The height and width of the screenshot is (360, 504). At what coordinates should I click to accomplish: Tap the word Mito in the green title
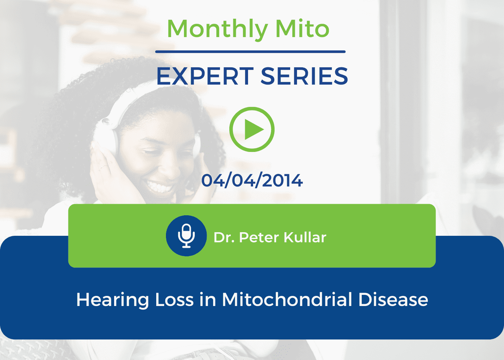302,28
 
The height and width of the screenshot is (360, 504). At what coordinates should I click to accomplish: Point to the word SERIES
305,76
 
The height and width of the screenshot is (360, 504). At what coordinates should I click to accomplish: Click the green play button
252,129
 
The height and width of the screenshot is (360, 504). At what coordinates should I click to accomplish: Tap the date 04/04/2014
252,180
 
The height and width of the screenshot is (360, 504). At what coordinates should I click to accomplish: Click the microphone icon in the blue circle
186,236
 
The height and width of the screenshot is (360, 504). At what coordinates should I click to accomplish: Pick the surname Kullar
305,237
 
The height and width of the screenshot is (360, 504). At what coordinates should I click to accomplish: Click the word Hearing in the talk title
112,300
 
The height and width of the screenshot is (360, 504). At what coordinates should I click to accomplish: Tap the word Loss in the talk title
174,300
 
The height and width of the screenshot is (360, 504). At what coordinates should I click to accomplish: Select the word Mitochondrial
287,300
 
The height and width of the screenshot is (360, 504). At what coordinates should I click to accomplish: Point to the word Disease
393,300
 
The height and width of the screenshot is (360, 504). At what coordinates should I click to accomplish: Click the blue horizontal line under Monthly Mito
250,52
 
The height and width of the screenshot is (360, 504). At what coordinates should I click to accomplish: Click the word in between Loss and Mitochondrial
208,300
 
